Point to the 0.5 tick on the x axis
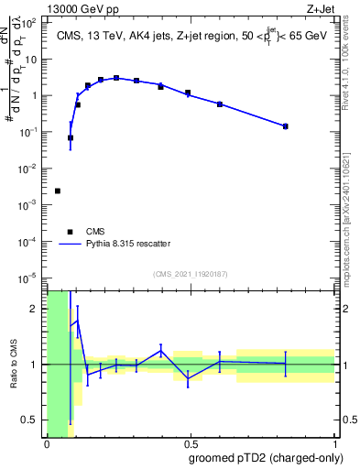(x=191, y=443)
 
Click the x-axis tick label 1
(x=335, y=443)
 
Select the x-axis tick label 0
(x=47, y=443)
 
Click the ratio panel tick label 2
(x=37, y=309)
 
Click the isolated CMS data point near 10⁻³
(x=58, y=191)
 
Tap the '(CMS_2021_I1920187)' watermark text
(x=191, y=273)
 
